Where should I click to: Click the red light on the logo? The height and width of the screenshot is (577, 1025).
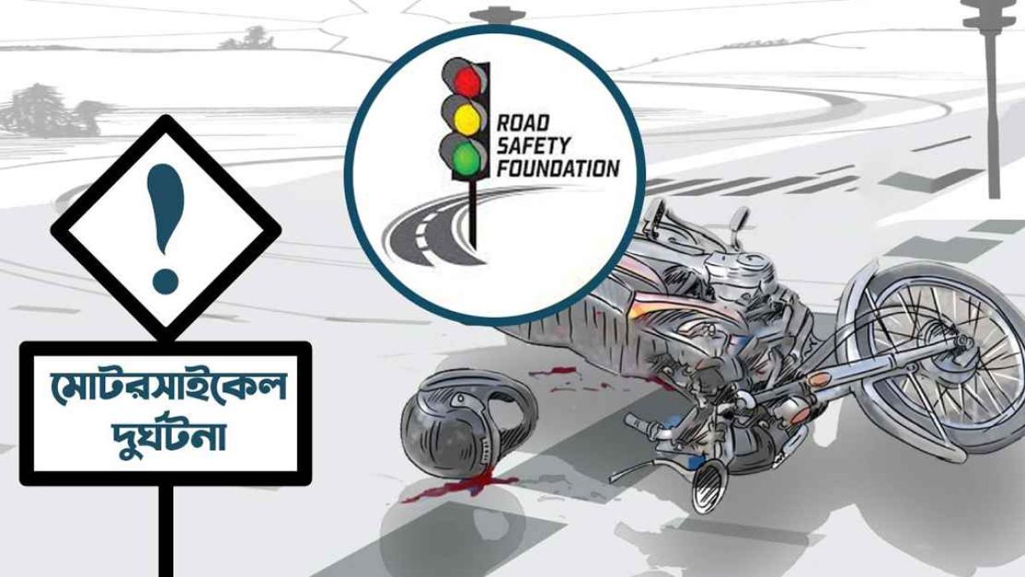[x=466, y=81]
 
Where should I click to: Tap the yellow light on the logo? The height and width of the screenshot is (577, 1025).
[x=466, y=120]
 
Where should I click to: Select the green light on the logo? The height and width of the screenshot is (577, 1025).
[x=466, y=158]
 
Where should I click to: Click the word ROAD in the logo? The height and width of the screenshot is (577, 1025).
[x=523, y=123]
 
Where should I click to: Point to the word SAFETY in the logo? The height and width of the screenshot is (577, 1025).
[x=533, y=145]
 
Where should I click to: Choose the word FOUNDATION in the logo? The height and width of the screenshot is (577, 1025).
[x=559, y=168]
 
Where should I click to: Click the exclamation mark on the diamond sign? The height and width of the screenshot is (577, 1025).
[x=165, y=228]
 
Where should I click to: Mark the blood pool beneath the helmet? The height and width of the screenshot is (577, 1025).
[x=458, y=488]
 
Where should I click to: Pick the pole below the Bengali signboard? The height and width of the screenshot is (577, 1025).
[x=166, y=530]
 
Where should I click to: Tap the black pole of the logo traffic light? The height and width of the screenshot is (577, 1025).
[x=472, y=215]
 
